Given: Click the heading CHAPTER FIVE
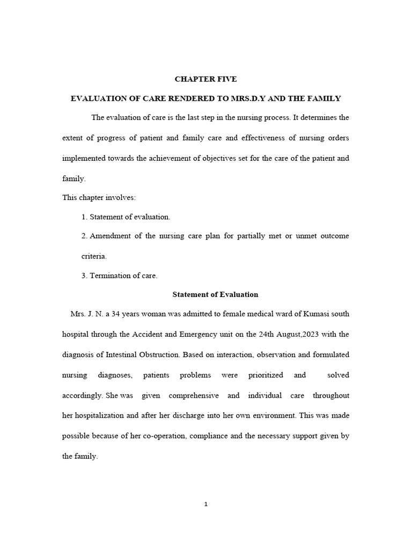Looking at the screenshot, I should tap(205, 79).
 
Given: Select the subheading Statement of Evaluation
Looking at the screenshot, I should tap(215, 294).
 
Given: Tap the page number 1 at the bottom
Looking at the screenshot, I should tap(206, 504).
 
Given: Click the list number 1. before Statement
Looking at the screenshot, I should tap(84, 217).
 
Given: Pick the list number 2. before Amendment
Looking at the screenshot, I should tap(84, 236).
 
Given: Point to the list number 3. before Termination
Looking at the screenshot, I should tap(84, 276).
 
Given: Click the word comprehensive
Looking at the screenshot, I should tap(194, 396).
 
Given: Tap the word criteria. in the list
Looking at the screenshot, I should tap(94, 256).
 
